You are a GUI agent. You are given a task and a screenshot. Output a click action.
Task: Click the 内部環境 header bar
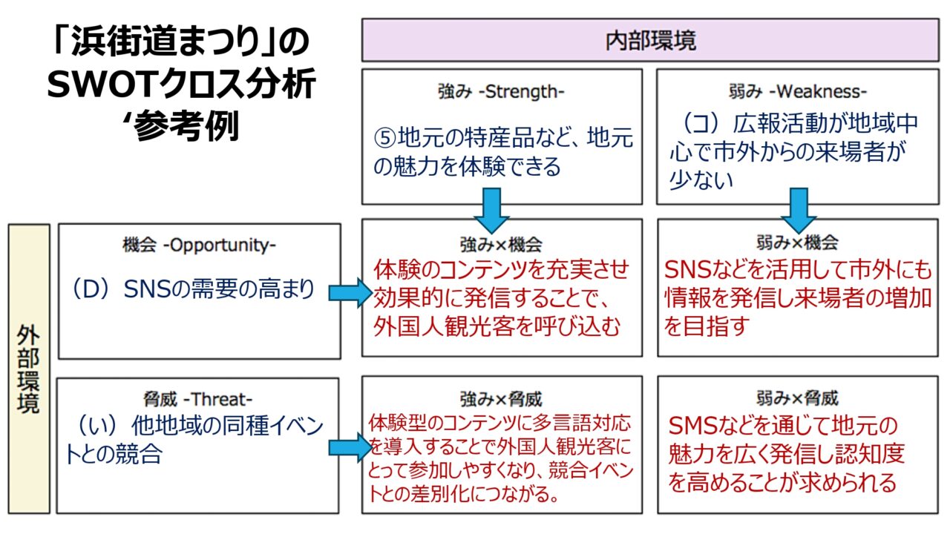point(650,40)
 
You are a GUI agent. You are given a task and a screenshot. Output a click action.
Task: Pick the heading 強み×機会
point(501,243)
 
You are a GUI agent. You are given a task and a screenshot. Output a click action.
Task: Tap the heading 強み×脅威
point(501,399)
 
